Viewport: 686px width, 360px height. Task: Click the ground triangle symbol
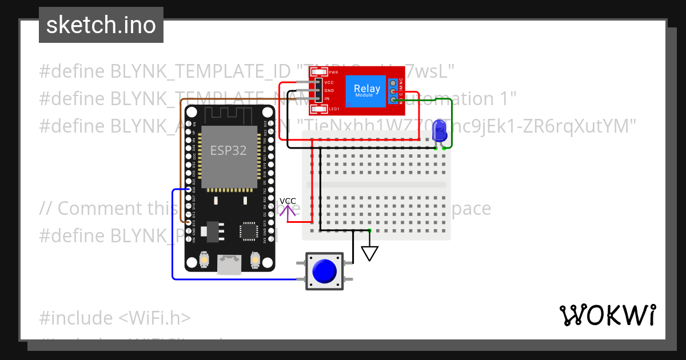(370, 253)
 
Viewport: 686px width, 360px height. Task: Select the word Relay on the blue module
(366, 89)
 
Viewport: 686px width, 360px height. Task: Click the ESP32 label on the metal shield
(228, 150)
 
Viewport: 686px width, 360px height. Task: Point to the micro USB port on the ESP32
(229, 264)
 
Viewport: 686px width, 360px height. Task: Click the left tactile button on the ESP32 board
(204, 261)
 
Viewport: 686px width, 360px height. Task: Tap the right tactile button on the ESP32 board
(255, 261)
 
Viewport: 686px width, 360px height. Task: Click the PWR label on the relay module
(333, 73)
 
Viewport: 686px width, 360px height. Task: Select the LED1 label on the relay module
(334, 109)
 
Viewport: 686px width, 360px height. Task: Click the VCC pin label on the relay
(329, 83)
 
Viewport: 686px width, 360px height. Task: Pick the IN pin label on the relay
(326, 99)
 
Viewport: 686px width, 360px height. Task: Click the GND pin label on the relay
(329, 91)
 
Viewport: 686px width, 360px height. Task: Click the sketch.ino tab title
(101, 25)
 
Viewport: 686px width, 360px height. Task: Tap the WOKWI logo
(607, 315)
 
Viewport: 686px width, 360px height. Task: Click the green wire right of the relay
(452, 123)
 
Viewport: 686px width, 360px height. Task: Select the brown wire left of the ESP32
(181, 160)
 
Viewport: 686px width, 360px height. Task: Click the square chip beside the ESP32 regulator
(249, 231)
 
